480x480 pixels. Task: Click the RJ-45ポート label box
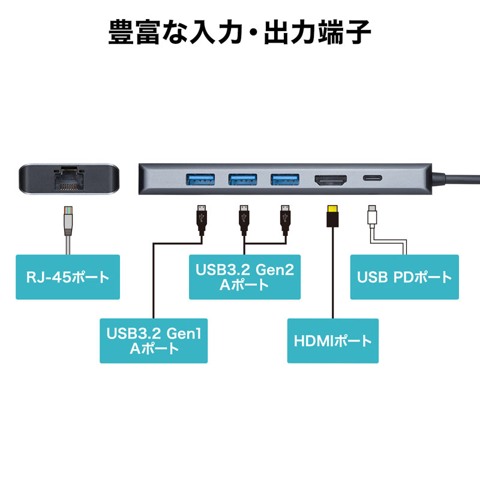coord(68,277)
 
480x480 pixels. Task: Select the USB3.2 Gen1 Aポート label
coord(154,340)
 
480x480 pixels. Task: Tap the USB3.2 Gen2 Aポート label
coord(244,277)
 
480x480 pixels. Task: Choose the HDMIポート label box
coord(333,341)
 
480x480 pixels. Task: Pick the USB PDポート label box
coord(404,277)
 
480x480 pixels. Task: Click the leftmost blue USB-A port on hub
coord(199,179)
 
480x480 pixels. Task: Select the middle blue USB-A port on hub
coord(244,179)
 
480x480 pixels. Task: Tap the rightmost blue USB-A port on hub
coord(286,179)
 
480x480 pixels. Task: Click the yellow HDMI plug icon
coord(331,217)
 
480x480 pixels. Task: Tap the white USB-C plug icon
coord(373,216)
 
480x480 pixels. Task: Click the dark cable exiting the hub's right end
coord(462,178)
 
